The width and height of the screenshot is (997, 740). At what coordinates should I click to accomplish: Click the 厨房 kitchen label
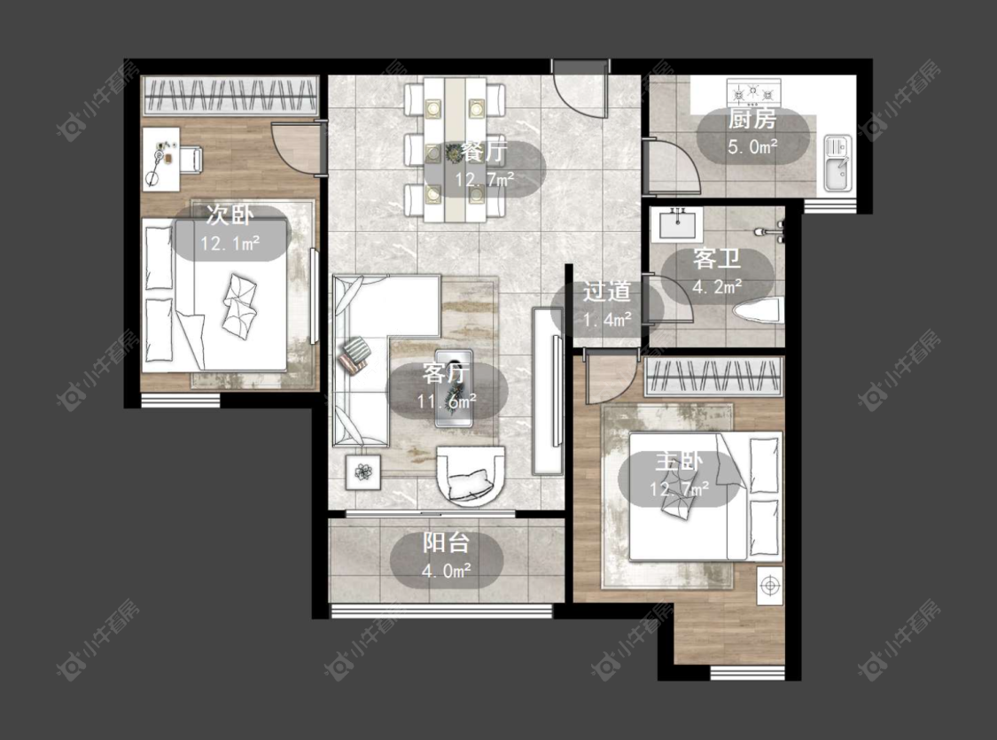pos(752,119)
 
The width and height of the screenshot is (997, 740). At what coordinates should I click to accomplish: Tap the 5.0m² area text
pos(752,147)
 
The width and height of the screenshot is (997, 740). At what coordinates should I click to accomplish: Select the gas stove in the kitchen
pos(754,92)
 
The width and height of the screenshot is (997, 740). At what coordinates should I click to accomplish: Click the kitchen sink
pos(836,163)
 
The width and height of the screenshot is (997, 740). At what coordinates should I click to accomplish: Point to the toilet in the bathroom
pos(758,312)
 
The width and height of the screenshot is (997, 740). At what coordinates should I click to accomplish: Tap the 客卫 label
pos(717,260)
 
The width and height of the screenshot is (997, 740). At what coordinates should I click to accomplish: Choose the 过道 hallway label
pos(606,292)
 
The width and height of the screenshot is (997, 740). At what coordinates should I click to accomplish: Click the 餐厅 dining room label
pos(484,152)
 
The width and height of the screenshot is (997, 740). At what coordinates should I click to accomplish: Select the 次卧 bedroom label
pos(230,215)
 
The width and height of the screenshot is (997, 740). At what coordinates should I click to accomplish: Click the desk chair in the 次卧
pos(191,159)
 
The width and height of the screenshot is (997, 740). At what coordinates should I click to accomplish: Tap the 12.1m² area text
pos(230,244)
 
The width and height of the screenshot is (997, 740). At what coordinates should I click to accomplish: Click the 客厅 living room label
pos(446,373)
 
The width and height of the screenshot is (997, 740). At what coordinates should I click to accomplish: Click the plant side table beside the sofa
pos(363,471)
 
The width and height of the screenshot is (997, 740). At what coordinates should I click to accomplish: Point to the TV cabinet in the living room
pos(548,391)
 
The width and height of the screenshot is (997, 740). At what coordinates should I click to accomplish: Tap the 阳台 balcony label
pos(447,542)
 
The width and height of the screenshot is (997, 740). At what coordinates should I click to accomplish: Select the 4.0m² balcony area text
pos(447,571)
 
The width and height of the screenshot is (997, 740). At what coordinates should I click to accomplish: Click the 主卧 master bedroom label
pos(680,461)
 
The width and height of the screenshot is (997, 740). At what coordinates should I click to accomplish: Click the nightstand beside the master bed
pos(769,586)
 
